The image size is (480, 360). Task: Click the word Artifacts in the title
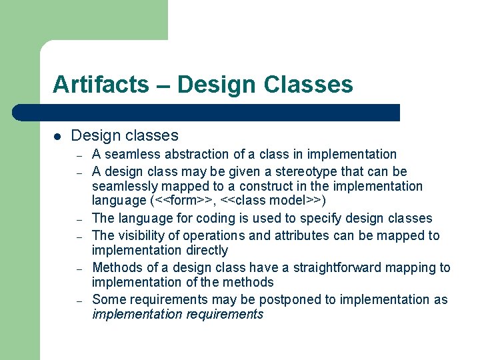coord(101,85)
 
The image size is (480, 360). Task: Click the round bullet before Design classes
coord(57,137)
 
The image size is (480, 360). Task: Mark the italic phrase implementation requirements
coord(177,315)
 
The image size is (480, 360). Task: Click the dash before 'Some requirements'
coord(79,301)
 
